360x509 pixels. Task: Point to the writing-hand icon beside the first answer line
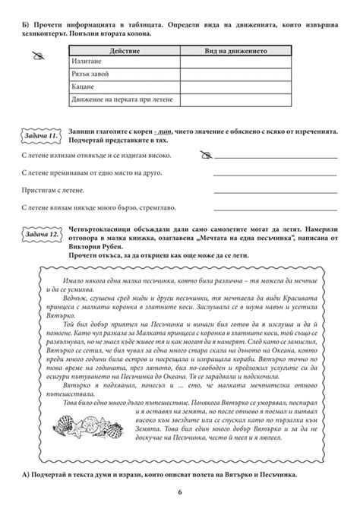point(203,155)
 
